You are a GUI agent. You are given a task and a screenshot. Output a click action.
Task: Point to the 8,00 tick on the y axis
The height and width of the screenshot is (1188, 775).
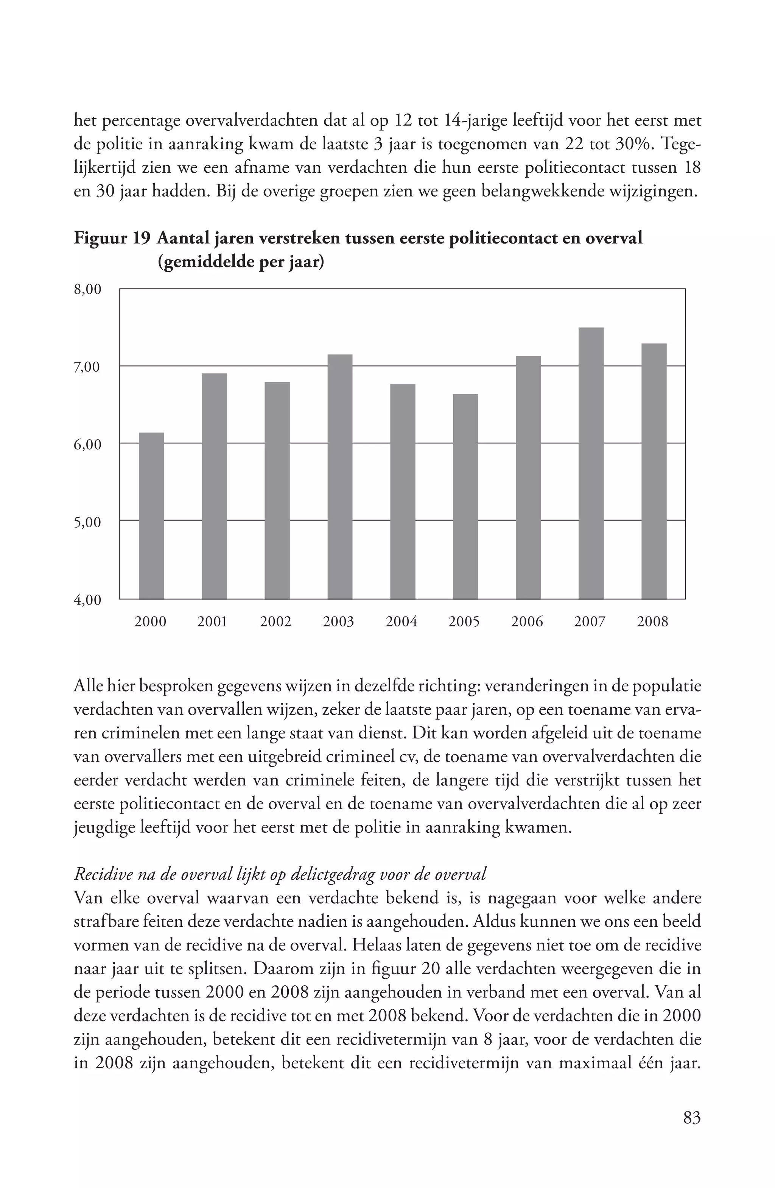(88, 289)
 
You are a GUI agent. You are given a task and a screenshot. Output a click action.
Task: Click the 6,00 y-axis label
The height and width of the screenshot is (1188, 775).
(88, 444)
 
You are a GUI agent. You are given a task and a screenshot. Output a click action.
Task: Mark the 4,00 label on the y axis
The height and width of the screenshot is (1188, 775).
(88, 599)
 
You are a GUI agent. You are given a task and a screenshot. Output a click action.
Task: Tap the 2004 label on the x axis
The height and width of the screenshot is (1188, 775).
(402, 622)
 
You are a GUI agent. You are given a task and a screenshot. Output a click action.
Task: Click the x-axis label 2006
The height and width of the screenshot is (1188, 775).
(527, 622)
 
